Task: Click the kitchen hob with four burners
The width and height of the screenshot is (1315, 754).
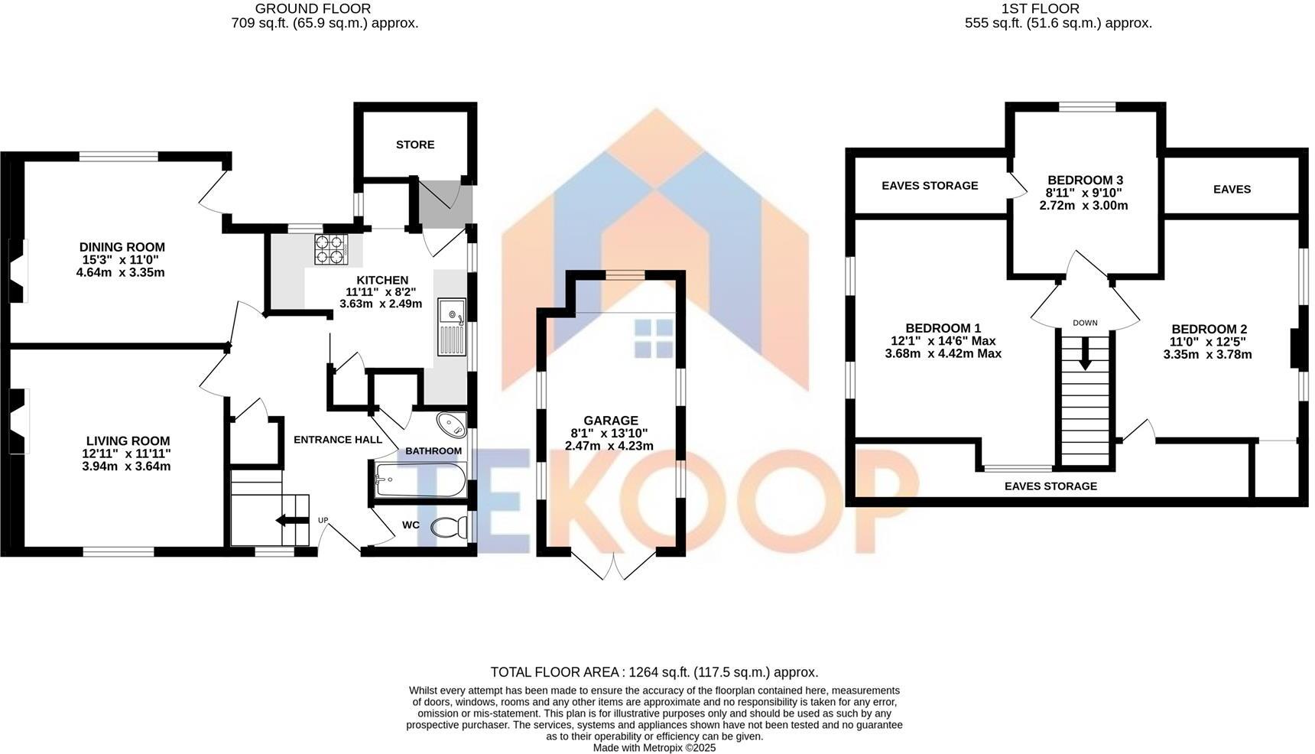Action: [x=330, y=249]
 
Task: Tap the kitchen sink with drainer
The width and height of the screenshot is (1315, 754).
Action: [x=451, y=327]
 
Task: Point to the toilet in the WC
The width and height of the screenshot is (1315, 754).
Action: [x=449, y=526]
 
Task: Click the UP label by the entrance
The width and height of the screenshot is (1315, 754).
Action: [x=323, y=521]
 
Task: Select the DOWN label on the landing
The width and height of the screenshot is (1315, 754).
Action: [x=1085, y=323]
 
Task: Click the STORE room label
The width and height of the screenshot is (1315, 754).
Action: [x=415, y=145]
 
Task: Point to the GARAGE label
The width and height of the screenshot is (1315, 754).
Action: [x=610, y=421]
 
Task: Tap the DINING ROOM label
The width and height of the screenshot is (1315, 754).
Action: [x=122, y=247]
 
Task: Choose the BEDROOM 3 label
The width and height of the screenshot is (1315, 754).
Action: [x=1085, y=180]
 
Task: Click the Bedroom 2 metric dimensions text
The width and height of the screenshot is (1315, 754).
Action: [x=1207, y=355]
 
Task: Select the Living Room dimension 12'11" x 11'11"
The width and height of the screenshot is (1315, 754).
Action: [x=128, y=453]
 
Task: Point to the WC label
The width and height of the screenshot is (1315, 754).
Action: [x=411, y=525]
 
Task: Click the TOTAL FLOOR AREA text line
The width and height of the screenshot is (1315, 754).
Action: [x=654, y=672]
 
